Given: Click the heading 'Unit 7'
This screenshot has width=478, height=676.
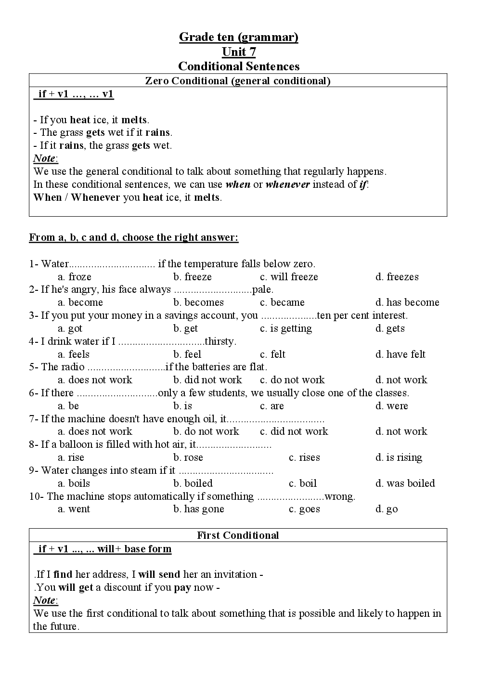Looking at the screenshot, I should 238,52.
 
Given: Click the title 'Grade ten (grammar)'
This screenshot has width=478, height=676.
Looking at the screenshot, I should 238,37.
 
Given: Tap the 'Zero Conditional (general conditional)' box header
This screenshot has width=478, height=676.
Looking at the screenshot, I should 238,81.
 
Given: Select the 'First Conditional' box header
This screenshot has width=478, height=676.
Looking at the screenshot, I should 238,535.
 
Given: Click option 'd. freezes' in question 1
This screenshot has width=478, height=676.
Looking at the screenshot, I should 397,277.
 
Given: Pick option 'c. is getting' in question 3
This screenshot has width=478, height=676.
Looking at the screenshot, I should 286,328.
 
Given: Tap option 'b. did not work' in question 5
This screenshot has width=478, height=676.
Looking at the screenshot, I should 207,380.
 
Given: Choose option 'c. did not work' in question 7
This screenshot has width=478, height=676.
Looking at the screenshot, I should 294,431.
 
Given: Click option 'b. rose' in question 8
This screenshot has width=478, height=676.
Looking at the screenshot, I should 188,457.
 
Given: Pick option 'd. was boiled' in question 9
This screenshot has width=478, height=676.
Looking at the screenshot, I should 405,483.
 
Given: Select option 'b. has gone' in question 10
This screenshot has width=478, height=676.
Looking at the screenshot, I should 198,509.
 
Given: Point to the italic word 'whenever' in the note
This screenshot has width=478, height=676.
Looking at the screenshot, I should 287,184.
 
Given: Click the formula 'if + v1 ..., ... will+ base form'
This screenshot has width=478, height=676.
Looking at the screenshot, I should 104,549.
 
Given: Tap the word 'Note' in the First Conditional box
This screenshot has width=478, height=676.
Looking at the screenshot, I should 44,600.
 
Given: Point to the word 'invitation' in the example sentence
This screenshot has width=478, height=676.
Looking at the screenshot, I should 235,574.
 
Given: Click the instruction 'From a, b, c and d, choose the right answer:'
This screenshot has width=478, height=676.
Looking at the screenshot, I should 134,237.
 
